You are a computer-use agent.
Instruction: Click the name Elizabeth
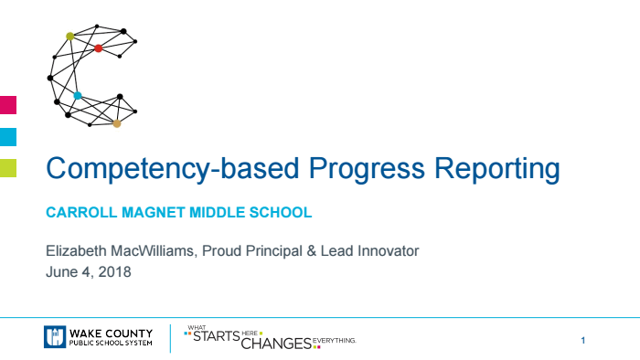click(x=75, y=251)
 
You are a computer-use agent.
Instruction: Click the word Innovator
click(x=388, y=251)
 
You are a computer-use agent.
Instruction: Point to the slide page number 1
click(x=582, y=340)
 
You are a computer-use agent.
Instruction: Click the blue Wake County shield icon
click(x=53, y=337)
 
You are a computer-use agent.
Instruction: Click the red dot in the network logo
click(x=99, y=48)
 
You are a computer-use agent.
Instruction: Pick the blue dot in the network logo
click(x=78, y=96)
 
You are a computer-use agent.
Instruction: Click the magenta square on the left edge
click(x=7, y=104)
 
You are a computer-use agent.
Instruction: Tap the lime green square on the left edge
click(x=7, y=167)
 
